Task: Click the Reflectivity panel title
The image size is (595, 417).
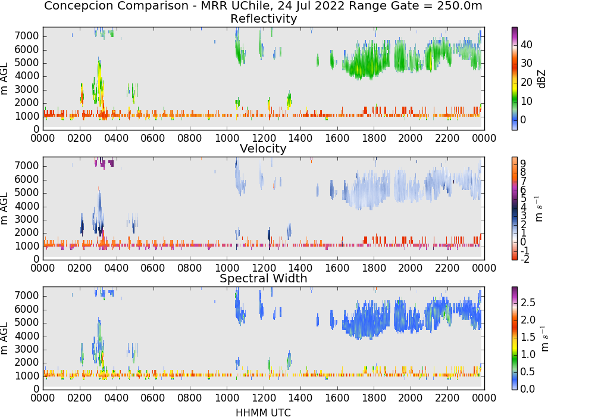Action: pyautogui.click(x=264, y=18)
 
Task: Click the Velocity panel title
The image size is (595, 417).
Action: pyautogui.click(x=263, y=148)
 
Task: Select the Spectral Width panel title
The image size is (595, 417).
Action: pyautogui.click(x=264, y=278)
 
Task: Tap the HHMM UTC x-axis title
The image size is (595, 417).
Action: pyautogui.click(x=263, y=412)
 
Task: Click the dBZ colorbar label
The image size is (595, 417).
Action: pyautogui.click(x=542, y=79)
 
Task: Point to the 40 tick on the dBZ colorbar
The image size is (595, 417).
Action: pyautogui.click(x=527, y=45)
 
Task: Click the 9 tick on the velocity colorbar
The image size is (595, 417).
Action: pyautogui.click(x=523, y=164)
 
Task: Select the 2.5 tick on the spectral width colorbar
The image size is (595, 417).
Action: pyautogui.click(x=528, y=303)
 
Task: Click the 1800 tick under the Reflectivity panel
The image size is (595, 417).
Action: pyautogui.click(x=374, y=138)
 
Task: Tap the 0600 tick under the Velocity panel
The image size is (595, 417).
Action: pyautogui.click(x=153, y=267)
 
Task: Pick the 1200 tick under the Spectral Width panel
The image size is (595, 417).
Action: pyautogui.click(x=264, y=397)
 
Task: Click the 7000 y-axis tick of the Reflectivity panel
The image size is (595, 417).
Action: pyautogui.click(x=27, y=36)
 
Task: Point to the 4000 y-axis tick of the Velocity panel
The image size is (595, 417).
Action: pyautogui.click(x=27, y=206)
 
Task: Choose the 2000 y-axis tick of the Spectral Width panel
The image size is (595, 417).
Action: pyautogui.click(x=27, y=363)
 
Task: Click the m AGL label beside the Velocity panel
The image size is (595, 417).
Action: pyautogui.click(x=4, y=208)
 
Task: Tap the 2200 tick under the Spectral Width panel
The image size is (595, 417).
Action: pyautogui.click(x=447, y=397)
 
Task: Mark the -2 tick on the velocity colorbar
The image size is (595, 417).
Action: pyautogui.click(x=525, y=259)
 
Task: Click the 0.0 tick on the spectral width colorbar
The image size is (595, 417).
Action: pyautogui.click(x=528, y=389)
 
